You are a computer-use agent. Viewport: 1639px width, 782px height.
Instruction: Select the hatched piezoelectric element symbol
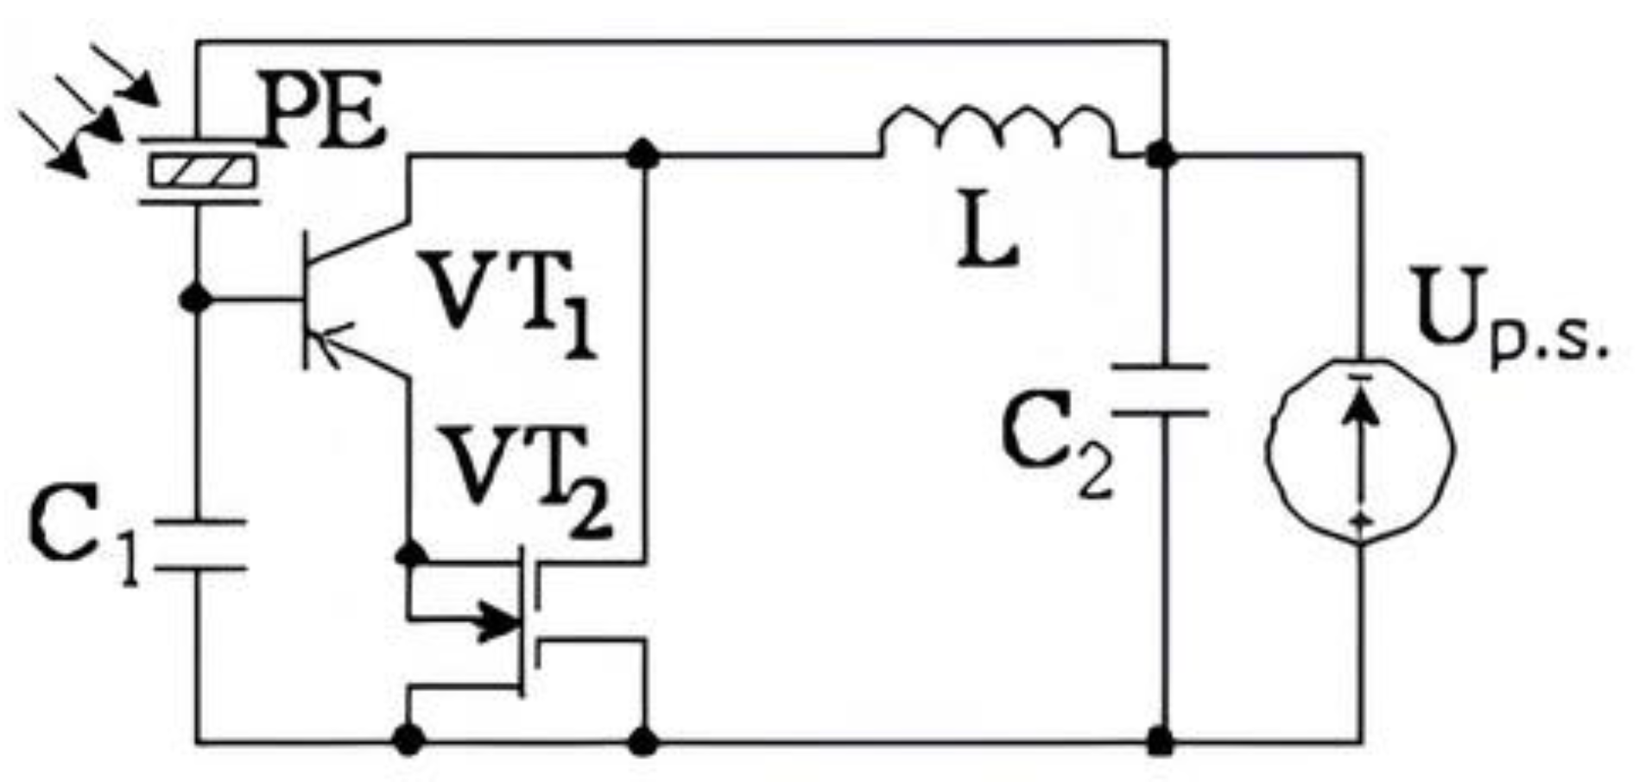pos(201,170)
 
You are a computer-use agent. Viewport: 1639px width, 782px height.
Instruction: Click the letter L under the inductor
pos(988,235)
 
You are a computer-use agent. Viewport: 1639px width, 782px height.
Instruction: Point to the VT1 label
pos(509,302)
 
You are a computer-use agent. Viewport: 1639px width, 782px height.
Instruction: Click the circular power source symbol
pos(1360,449)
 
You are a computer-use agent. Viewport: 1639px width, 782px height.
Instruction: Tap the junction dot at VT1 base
pos(197,300)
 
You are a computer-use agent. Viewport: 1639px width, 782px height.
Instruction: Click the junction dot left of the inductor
pos(642,156)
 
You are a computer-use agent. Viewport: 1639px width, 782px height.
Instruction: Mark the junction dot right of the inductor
pos(1162,156)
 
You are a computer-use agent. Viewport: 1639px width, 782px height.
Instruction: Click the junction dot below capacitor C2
pos(1162,741)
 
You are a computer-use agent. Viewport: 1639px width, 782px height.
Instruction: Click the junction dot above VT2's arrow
pos(410,553)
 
